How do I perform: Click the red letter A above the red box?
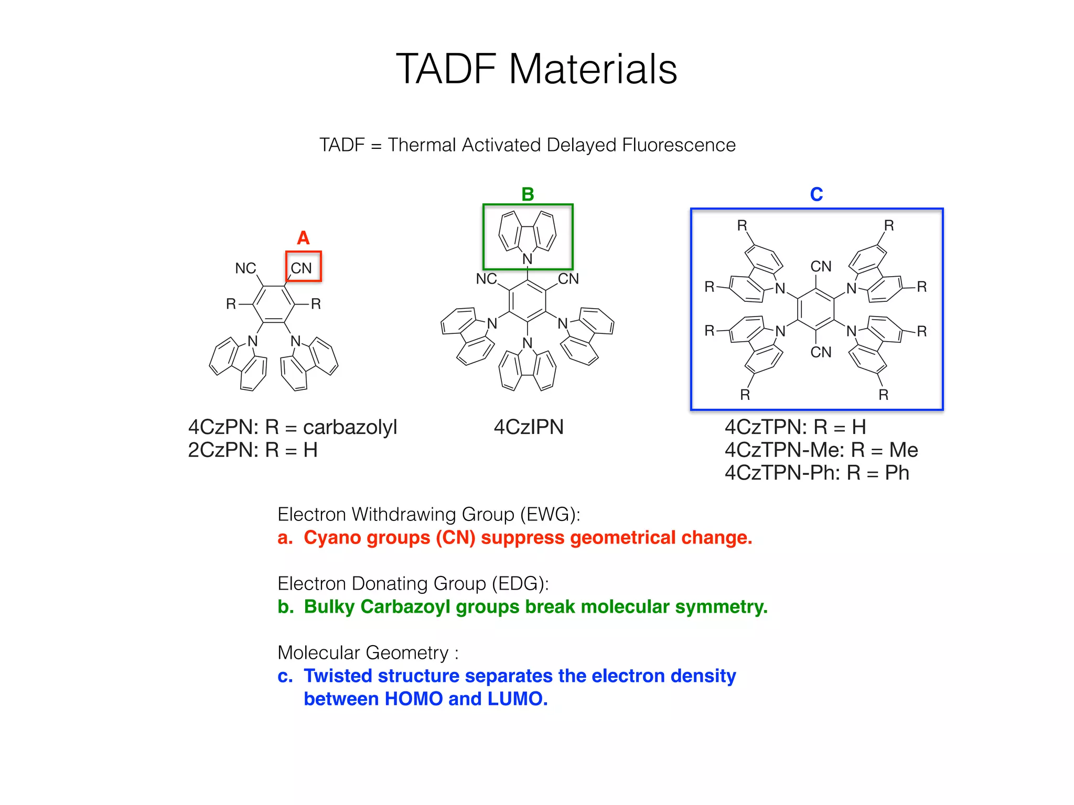(x=303, y=238)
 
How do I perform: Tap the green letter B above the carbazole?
(x=528, y=194)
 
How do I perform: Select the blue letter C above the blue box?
(x=816, y=194)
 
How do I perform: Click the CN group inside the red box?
(x=302, y=268)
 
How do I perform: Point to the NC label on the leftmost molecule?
(x=245, y=268)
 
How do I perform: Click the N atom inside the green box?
(x=528, y=259)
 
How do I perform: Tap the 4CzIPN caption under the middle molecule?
(x=529, y=427)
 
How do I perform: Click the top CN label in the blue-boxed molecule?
(x=821, y=267)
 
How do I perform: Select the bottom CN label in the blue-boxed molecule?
(x=821, y=352)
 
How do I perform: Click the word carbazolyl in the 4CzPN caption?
(x=350, y=427)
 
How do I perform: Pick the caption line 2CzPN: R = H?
(x=253, y=450)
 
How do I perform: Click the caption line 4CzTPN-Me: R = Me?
(x=821, y=450)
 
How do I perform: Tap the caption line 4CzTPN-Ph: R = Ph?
(x=817, y=473)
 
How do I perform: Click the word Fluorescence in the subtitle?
(x=679, y=145)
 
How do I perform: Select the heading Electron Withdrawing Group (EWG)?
(x=429, y=515)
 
